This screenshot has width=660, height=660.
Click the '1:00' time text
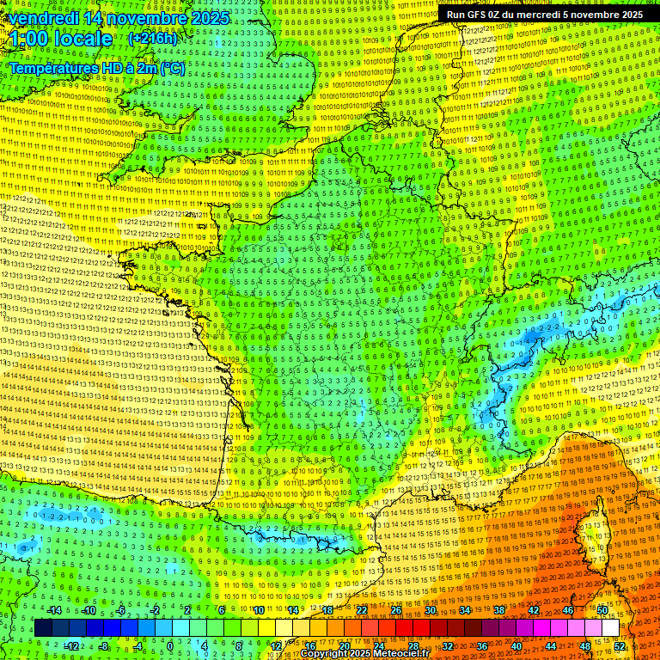pyautogui.click(x=30, y=39)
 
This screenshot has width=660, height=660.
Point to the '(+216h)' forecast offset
pyautogui.click(x=152, y=39)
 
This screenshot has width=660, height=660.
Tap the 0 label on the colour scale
pyautogui.click(x=169, y=646)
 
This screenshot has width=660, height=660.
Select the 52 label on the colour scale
pyautogui.click(x=620, y=646)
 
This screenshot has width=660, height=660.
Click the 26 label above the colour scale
pyautogui.click(x=395, y=610)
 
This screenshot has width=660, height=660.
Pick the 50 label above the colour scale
pyautogui.click(x=602, y=610)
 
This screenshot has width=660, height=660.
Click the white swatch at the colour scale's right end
pyautogui.click(x=610, y=628)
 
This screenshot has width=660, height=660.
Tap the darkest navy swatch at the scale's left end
pyautogui.click(x=43, y=628)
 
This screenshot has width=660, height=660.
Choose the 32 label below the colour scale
pyautogui.click(x=447, y=646)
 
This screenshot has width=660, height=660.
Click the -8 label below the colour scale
pyautogui.click(x=103, y=646)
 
